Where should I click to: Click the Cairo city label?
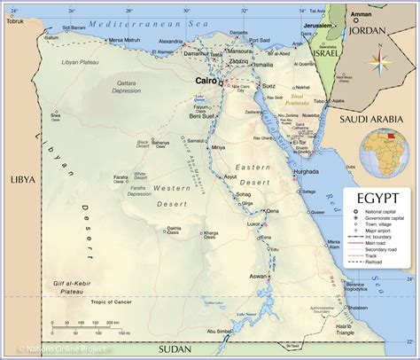coord(207,80)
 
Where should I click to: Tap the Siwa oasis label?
coord(55,114)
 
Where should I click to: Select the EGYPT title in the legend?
coord(377,197)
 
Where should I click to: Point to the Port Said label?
coord(259,41)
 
